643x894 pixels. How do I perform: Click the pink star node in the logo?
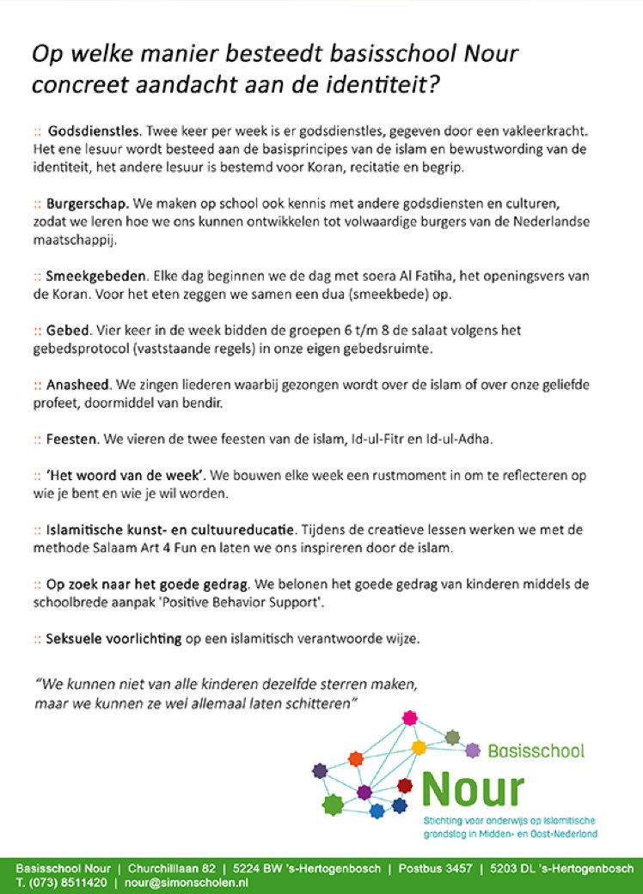[409, 716]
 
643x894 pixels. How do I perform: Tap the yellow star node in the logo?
[419, 747]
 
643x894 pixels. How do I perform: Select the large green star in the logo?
[333, 804]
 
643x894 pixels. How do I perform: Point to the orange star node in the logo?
[356, 758]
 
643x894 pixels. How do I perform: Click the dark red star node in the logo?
[405, 785]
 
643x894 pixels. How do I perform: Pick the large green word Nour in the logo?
[472, 788]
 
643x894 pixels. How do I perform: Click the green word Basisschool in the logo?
[536, 751]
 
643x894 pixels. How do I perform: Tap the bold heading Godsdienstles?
[95, 132]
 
